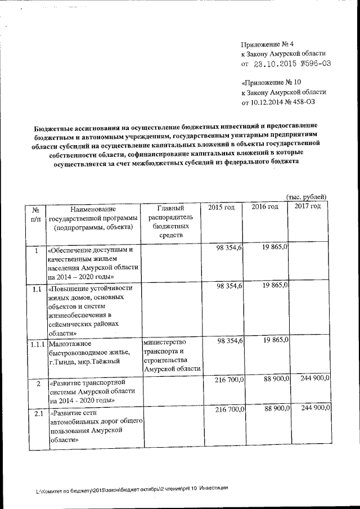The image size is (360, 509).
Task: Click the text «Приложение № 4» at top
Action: [x=267, y=44]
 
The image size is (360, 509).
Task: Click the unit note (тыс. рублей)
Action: [x=307, y=196]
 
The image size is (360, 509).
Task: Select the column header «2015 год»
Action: [x=221, y=208]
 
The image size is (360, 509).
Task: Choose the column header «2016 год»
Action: [x=264, y=207]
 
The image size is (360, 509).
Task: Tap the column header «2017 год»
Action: [x=308, y=206]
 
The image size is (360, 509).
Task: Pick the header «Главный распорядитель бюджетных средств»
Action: [x=171, y=222]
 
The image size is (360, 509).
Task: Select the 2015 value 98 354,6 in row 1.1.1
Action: [x=229, y=341]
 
